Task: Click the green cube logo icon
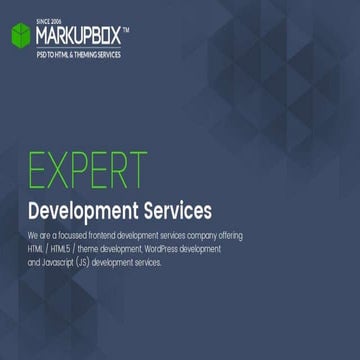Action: coord(21,37)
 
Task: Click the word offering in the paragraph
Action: coord(230,235)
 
